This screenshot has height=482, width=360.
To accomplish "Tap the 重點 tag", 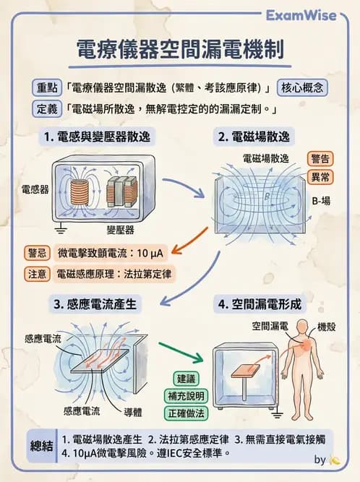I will point(48,88).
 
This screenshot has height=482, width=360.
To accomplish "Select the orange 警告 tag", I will point(321,158).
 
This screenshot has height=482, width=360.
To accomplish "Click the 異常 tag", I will point(321,176).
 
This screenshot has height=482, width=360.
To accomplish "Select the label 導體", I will point(132,411).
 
